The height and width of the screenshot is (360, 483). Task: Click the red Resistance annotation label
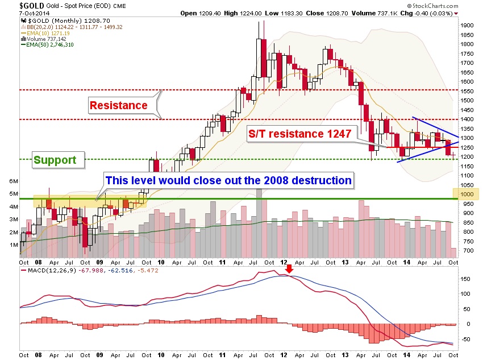(x=118, y=105)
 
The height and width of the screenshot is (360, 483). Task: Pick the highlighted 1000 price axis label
(x=467, y=194)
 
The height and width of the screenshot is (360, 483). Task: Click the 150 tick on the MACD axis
(x=465, y=279)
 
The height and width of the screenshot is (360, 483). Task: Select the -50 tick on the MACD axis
(x=465, y=339)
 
